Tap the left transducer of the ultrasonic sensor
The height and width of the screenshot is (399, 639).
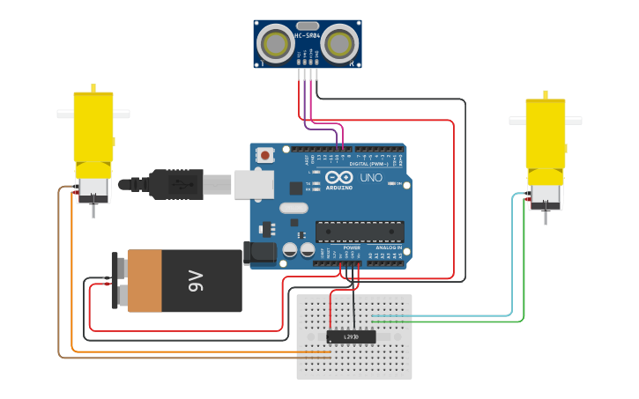click(276, 42)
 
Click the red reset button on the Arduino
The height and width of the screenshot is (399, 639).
click(264, 155)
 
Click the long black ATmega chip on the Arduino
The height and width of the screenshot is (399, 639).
click(360, 232)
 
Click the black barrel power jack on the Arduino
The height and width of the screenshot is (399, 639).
click(262, 253)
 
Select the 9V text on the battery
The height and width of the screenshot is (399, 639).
click(196, 281)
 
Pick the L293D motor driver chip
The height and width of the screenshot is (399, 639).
click(351, 336)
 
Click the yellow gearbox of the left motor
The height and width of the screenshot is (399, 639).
click(93, 132)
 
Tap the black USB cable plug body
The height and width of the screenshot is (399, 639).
click(176, 184)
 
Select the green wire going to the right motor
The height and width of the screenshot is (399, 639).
click(524, 264)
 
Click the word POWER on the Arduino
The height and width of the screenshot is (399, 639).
click(352, 248)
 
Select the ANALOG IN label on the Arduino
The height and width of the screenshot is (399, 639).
click(389, 248)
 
